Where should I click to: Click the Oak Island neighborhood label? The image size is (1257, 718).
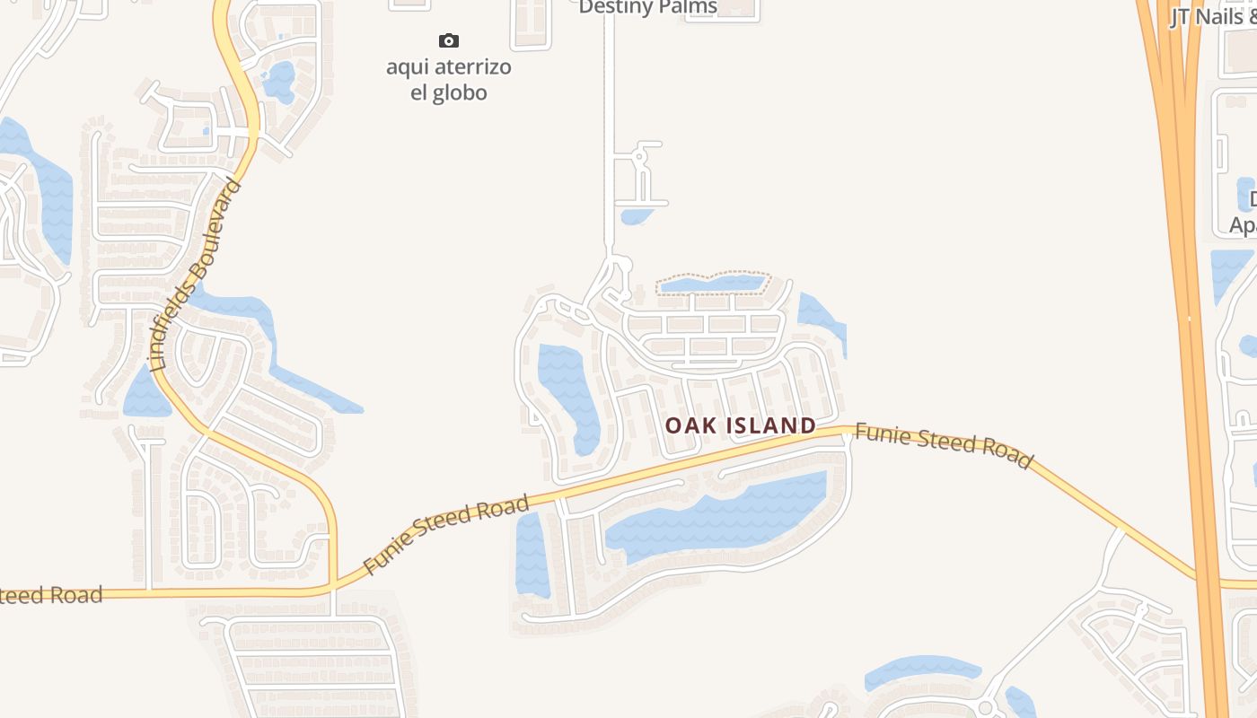(741, 425)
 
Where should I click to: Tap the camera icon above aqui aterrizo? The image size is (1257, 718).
(448, 40)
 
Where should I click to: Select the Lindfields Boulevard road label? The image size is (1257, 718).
(195, 276)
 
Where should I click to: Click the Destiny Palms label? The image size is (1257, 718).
(647, 7)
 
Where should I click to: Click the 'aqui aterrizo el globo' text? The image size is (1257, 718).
(449, 80)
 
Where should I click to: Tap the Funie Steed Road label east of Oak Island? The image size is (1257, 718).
(943, 445)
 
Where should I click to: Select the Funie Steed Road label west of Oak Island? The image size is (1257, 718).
(446, 536)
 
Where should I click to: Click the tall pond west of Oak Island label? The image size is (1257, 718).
(567, 395)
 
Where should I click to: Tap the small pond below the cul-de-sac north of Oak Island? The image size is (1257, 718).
(636, 216)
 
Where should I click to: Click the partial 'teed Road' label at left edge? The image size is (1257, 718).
(51, 595)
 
